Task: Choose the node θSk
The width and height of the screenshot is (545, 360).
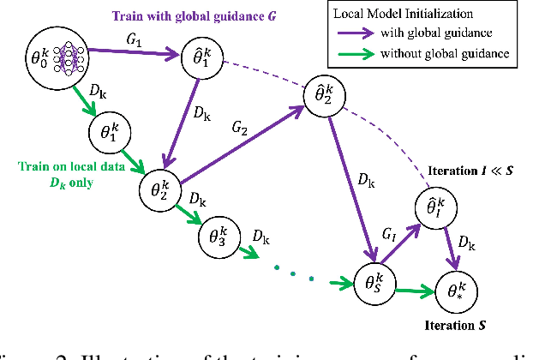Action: (374, 279)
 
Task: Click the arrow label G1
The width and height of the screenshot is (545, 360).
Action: (135, 40)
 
